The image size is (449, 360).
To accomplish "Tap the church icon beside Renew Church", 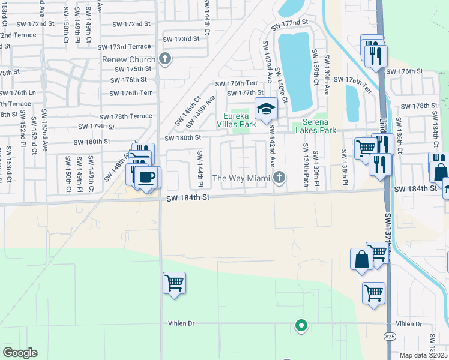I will tap(166, 59).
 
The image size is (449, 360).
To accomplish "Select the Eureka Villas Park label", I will tap(240, 120).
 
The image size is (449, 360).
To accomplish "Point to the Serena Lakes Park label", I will tap(315, 126).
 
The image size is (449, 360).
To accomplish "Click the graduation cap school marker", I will tap(266, 109).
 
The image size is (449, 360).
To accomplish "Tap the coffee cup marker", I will tap(147, 178).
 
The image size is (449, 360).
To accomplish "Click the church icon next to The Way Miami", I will tap(278, 178).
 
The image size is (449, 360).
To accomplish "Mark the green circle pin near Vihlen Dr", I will tap(301, 326).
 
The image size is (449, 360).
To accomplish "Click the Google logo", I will tap(20, 353).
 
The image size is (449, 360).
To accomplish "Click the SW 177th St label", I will tap(245, 93).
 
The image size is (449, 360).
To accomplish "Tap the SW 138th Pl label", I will tap(346, 166).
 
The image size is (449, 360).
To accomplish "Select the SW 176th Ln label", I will tap(18, 93).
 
